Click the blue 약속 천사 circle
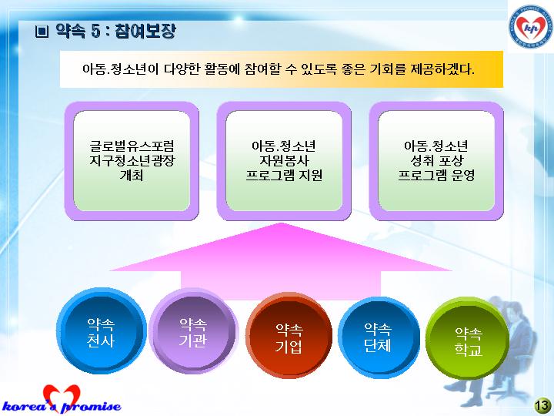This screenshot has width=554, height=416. (101, 331)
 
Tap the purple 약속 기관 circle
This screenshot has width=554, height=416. (194, 331)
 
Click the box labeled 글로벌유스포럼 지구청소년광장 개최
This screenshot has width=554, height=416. (132, 161)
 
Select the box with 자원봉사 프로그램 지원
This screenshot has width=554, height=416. (284, 161)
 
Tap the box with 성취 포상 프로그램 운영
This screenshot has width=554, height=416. (436, 161)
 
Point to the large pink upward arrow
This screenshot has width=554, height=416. (281, 262)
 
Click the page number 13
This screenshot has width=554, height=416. (542, 405)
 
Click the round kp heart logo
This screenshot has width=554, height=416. (531, 26)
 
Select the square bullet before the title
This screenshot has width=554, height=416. (42, 32)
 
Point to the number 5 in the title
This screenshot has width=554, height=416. (95, 32)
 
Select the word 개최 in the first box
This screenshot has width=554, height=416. (132, 175)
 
